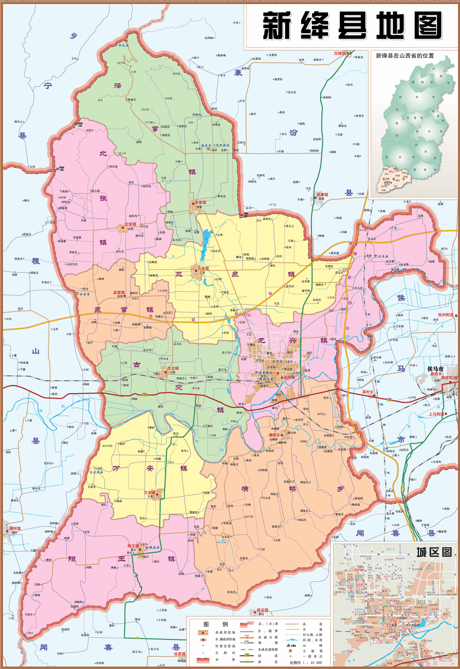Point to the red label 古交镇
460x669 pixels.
click(173, 368)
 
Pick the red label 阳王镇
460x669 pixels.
click(133, 546)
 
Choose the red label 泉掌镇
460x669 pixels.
click(119, 293)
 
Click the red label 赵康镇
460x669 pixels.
click(322, 195)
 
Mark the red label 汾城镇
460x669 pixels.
click(340, 53)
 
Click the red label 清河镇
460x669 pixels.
click(15, 528)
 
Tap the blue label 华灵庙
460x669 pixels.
click(123, 46)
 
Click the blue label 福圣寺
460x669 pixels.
click(206, 145)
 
